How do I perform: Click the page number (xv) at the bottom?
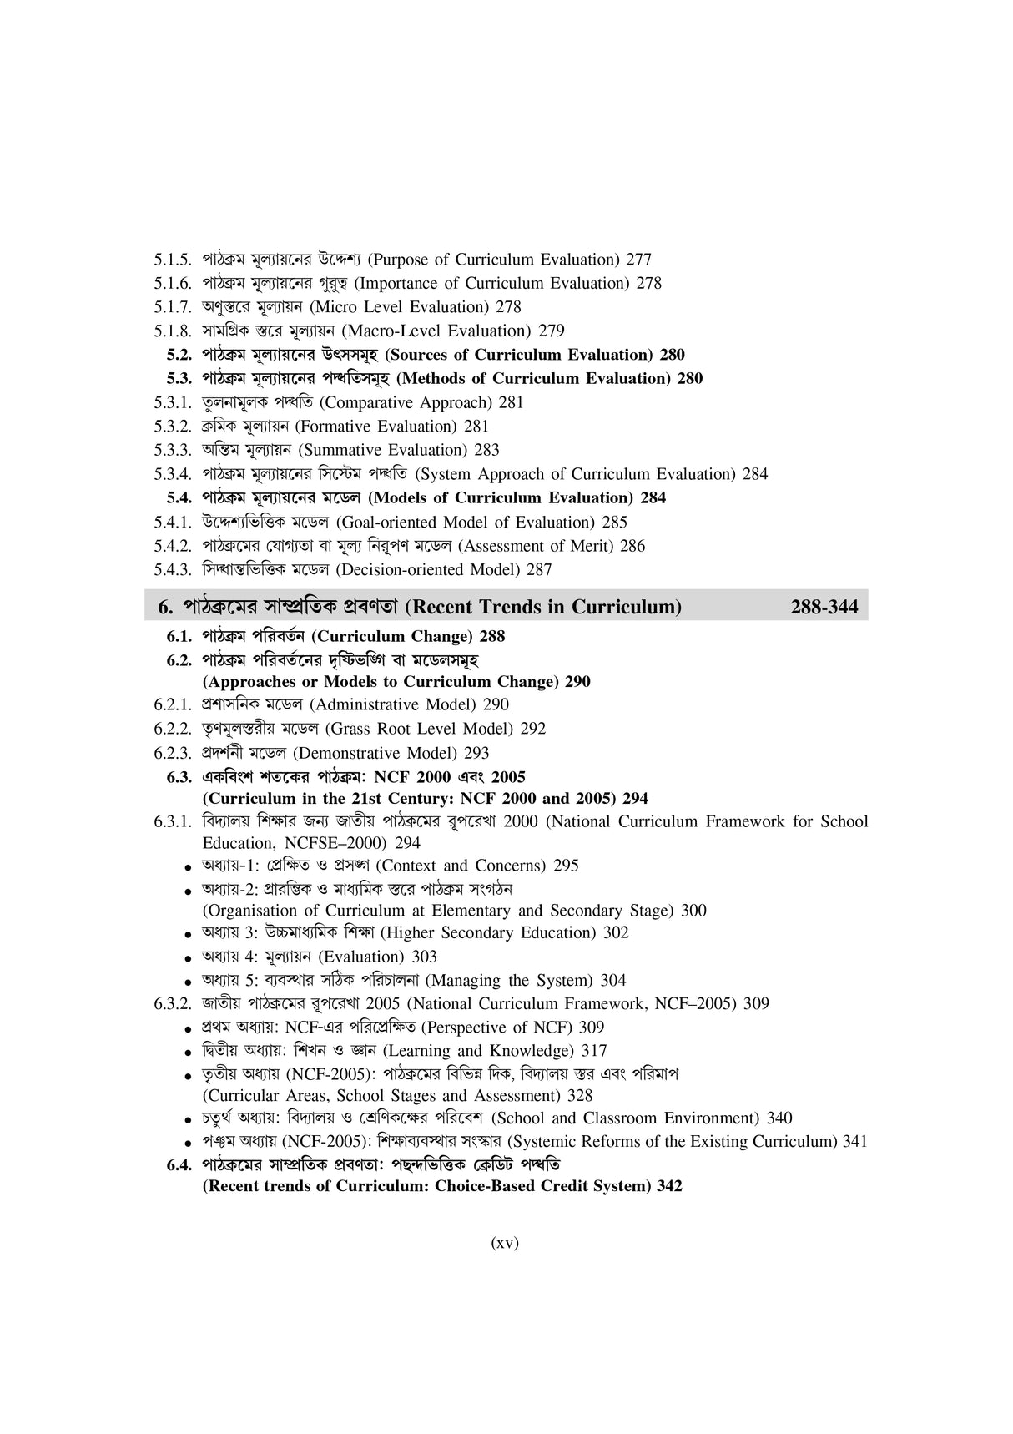coord(504,1243)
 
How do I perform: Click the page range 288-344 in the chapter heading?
coord(824,607)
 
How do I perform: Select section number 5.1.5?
coord(174,260)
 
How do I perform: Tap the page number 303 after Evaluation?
coord(424,957)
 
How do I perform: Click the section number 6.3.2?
coord(174,1003)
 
